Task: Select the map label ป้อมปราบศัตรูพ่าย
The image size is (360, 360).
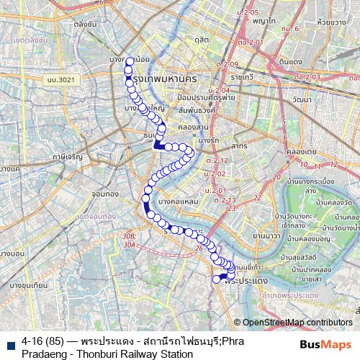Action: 204,97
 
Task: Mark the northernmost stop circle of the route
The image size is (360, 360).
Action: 130,62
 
